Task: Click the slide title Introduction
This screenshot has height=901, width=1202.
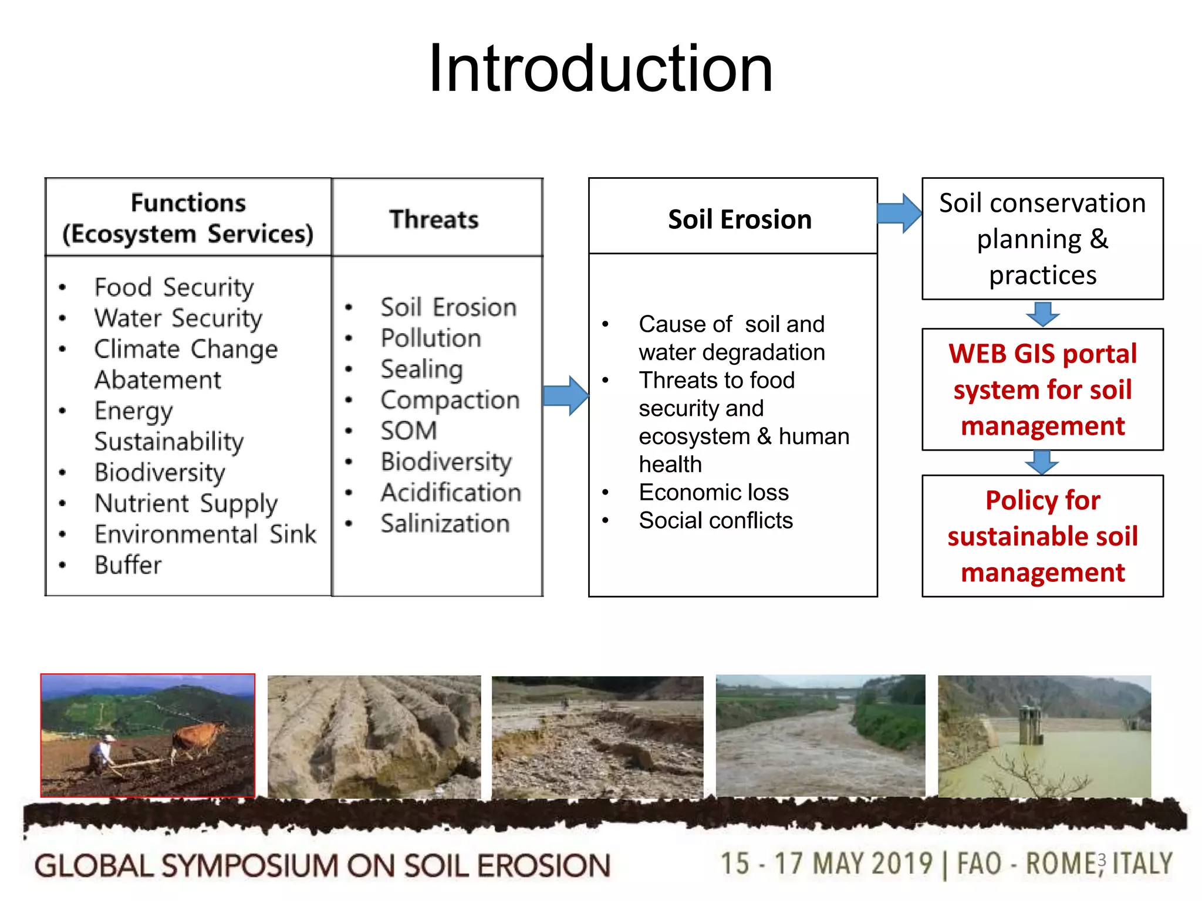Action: pos(600,69)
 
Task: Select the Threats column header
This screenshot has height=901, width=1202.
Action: pos(434,219)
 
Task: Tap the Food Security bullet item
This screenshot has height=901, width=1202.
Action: pos(174,287)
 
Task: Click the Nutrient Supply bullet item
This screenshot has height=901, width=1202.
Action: pos(186,503)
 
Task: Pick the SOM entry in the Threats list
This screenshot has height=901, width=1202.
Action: pos(409,431)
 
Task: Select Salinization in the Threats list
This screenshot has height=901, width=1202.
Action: pos(445,524)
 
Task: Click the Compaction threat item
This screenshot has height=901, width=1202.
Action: pos(450,400)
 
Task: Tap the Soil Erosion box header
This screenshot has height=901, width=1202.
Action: pos(739,219)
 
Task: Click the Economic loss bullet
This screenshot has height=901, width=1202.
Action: pos(713,493)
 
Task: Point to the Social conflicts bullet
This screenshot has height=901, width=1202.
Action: pos(715,521)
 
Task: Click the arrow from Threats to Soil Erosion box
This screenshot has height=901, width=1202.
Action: pos(565,396)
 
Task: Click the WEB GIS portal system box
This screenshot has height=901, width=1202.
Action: pos(1042,389)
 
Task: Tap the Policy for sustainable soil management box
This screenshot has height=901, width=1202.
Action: pos(1042,536)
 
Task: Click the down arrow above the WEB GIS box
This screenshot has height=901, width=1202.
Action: pos(1042,314)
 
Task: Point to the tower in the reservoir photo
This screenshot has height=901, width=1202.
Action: pos(1031,724)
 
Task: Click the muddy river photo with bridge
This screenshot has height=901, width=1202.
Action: pos(820,736)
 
